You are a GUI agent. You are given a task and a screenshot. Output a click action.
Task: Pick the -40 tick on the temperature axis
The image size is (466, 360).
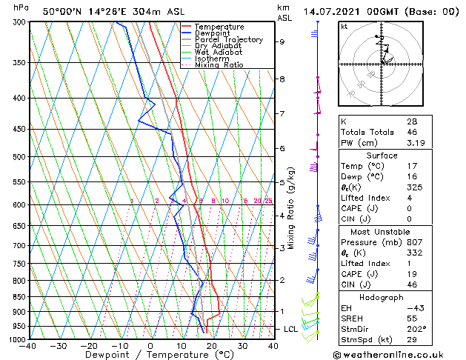[x=29, y=346]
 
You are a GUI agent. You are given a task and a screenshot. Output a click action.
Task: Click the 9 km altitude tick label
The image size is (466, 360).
[x=282, y=42]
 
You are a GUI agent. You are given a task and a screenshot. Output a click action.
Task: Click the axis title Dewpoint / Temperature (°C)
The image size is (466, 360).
[x=150, y=356]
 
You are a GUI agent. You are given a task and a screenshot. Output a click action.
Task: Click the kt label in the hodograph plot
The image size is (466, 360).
[x=344, y=27]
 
